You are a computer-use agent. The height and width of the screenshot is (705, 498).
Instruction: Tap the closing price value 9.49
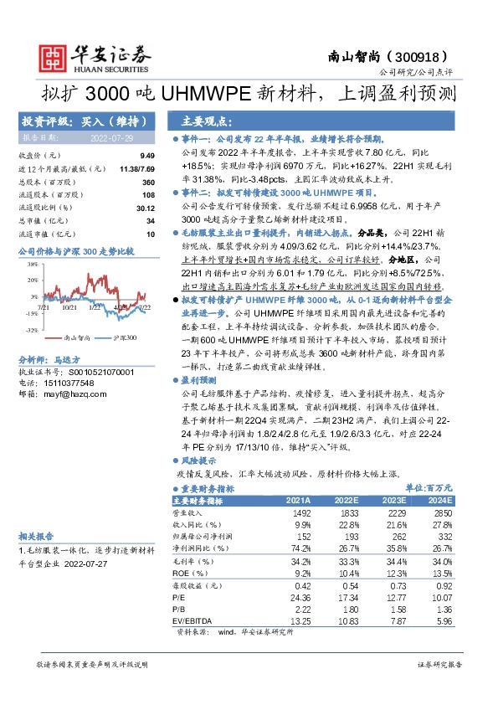coord(147,156)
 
